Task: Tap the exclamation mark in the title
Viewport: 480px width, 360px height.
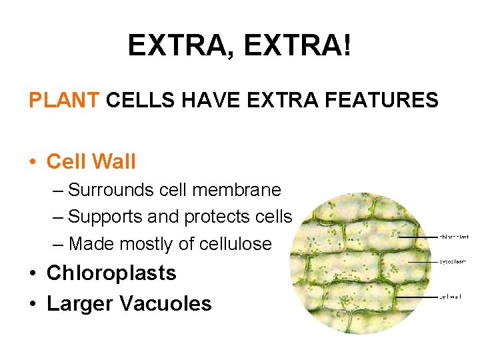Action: point(346,45)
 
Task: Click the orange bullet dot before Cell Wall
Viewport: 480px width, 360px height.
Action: point(33,162)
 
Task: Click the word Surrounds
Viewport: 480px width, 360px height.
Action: point(111,190)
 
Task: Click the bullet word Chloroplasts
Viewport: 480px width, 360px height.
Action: point(111,273)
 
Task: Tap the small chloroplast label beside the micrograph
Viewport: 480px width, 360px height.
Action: point(453,236)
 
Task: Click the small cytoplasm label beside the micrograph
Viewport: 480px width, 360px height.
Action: point(453,262)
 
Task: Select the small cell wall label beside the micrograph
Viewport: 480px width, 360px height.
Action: point(450,297)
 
